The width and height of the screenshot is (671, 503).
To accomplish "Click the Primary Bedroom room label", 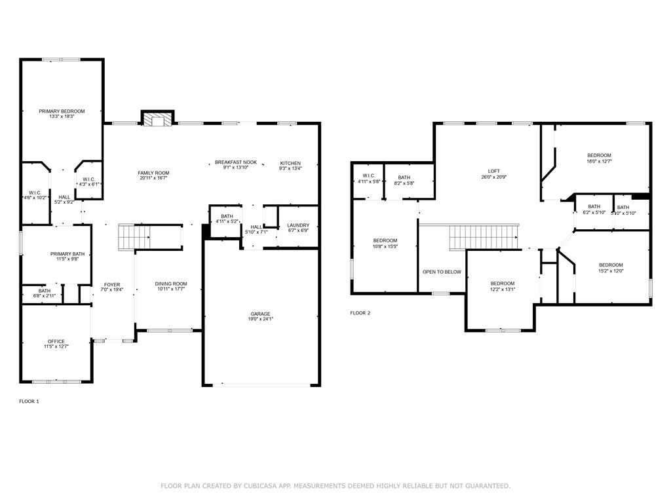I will [x=62, y=111].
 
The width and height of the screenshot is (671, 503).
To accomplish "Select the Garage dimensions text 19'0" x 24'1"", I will [x=260, y=319].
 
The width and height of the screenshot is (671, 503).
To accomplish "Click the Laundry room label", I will [x=298, y=225].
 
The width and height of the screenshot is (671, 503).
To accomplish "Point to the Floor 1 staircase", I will [x=134, y=236].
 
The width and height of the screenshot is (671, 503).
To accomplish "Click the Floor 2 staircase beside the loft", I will [x=484, y=237].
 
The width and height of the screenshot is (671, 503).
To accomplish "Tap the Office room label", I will [x=56, y=341].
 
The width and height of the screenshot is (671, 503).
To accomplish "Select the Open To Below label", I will [x=442, y=272].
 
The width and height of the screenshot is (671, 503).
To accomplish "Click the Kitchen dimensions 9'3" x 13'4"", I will [x=290, y=168].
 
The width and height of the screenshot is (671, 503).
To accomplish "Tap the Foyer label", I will [x=112, y=284].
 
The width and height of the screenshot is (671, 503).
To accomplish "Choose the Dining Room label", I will [x=171, y=284].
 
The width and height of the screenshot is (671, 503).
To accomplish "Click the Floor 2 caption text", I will [x=360, y=313].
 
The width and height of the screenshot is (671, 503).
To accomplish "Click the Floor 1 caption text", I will [x=29, y=401].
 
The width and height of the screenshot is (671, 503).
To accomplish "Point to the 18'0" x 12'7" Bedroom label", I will [x=599, y=156].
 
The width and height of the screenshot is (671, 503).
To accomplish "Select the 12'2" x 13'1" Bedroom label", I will [x=503, y=284].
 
